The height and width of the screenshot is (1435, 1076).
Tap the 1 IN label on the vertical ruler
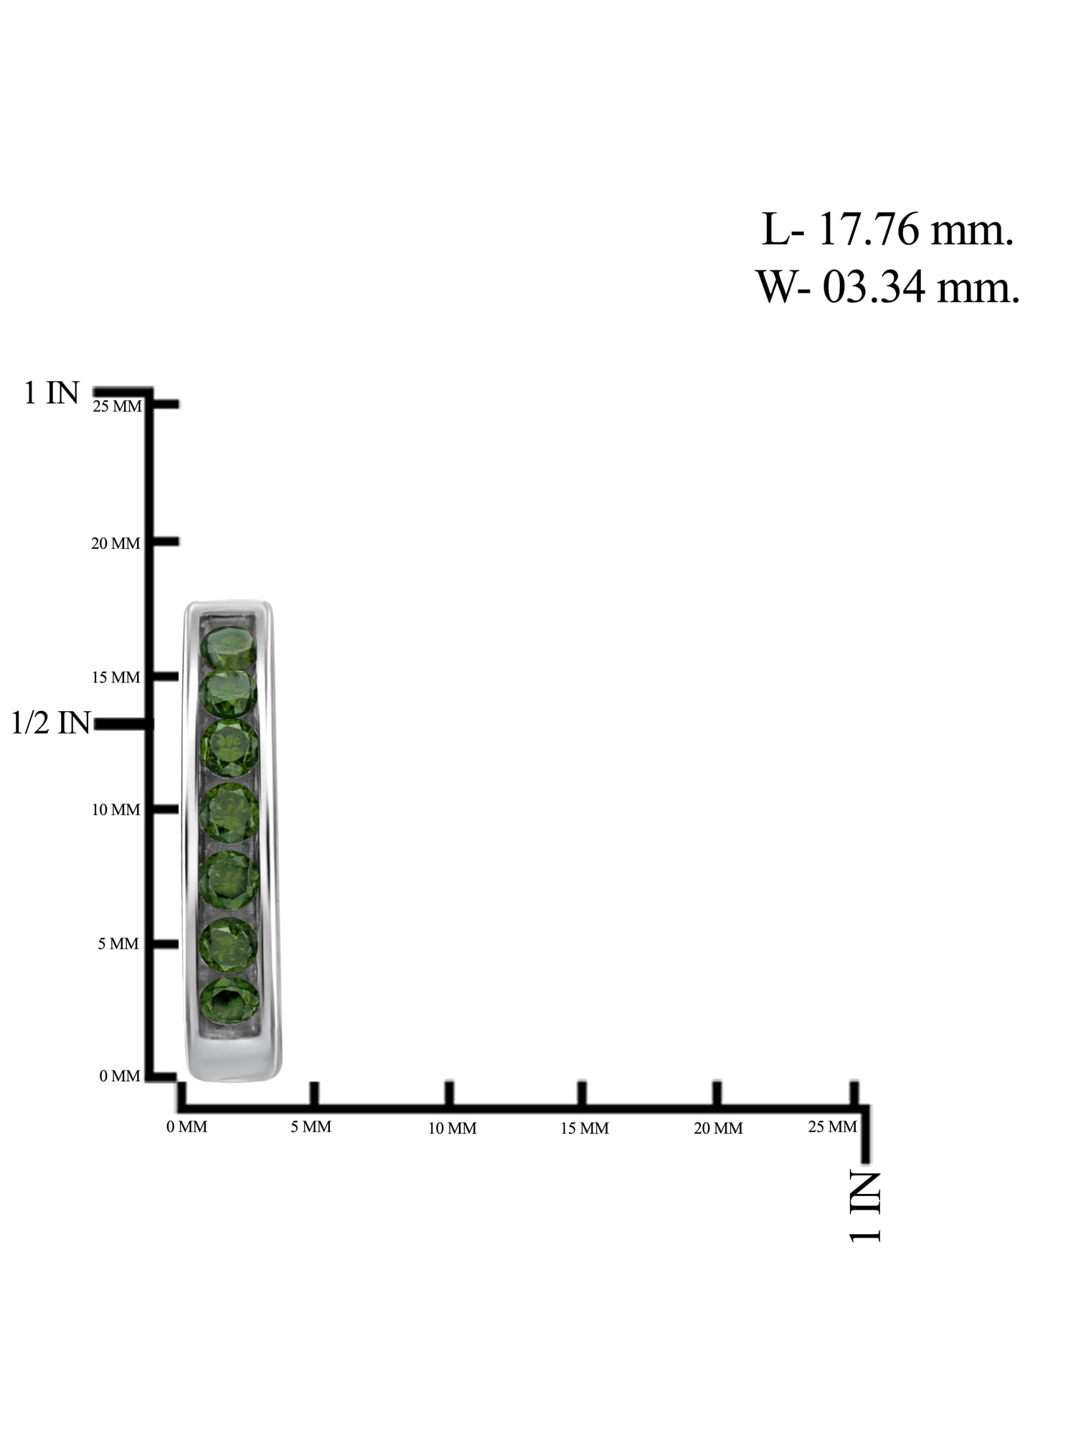pos(51,392)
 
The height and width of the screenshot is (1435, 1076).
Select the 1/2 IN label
pos(51,723)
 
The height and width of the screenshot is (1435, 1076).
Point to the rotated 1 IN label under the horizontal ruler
pos(864,1205)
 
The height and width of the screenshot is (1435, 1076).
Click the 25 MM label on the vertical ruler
pos(118,406)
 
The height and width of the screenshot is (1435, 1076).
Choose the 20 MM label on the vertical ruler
pos(115,544)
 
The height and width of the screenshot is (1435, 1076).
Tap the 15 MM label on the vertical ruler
pos(115,677)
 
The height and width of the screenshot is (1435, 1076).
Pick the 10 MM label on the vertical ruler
pos(115,810)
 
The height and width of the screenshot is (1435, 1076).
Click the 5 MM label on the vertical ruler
pos(118,944)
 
